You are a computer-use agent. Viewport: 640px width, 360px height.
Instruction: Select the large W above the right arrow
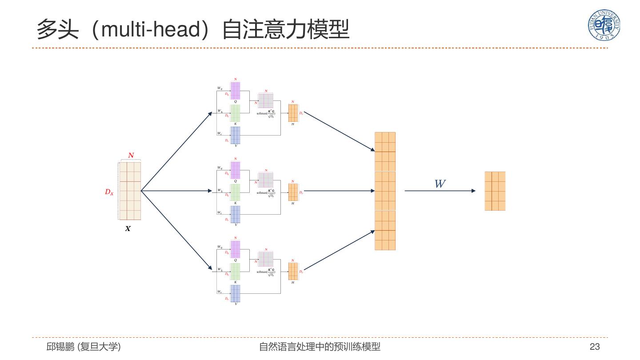pyautogui.click(x=440, y=184)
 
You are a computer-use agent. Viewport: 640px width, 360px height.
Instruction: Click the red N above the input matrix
pyautogui.click(x=131, y=155)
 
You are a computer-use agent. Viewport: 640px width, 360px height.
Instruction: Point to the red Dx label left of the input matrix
pyautogui.click(x=109, y=192)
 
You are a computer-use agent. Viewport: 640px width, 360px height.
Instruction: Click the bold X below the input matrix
pyautogui.click(x=128, y=229)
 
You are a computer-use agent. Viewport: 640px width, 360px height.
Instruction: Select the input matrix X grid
pyautogui.click(x=130, y=191)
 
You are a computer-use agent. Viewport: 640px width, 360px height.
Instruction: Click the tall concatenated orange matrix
pyautogui.click(x=385, y=191)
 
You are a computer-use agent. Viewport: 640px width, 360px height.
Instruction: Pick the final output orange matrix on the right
pyautogui.click(x=495, y=191)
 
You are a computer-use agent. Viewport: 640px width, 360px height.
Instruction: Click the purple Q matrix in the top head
pyautogui.click(x=235, y=91)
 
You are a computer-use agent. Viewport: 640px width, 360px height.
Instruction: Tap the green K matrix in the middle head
pyautogui.click(x=235, y=192)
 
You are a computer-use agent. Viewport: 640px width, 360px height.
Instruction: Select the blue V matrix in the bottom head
pyautogui.click(x=235, y=293)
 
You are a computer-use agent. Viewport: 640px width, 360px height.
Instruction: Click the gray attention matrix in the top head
pyautogui.click(x=266, y=100)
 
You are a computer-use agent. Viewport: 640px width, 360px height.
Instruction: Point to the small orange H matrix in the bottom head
pyautogui.click(x=293, y=271)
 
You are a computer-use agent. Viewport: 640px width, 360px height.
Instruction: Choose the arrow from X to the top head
pyautogui.click(x=176, y=151)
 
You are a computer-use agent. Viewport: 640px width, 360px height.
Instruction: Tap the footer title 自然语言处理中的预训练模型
pyautogui.click(x=320, y=347)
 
